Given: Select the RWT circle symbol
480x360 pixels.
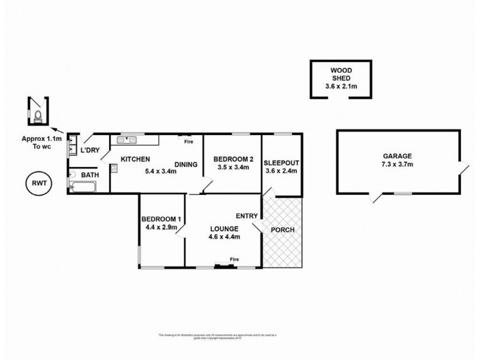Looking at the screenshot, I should coord(39,184).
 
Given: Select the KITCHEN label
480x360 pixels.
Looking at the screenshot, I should coord(135,159).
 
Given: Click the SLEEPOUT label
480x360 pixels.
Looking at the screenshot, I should coord(281,163).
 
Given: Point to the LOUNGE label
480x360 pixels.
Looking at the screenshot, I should coord(224,229).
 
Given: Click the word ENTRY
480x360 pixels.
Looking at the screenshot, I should coord(247,216).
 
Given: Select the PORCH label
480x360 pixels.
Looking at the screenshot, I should coord(283,230).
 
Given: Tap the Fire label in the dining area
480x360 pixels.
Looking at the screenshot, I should coord(188,142).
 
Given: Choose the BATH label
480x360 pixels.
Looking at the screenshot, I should coord(90,175).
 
